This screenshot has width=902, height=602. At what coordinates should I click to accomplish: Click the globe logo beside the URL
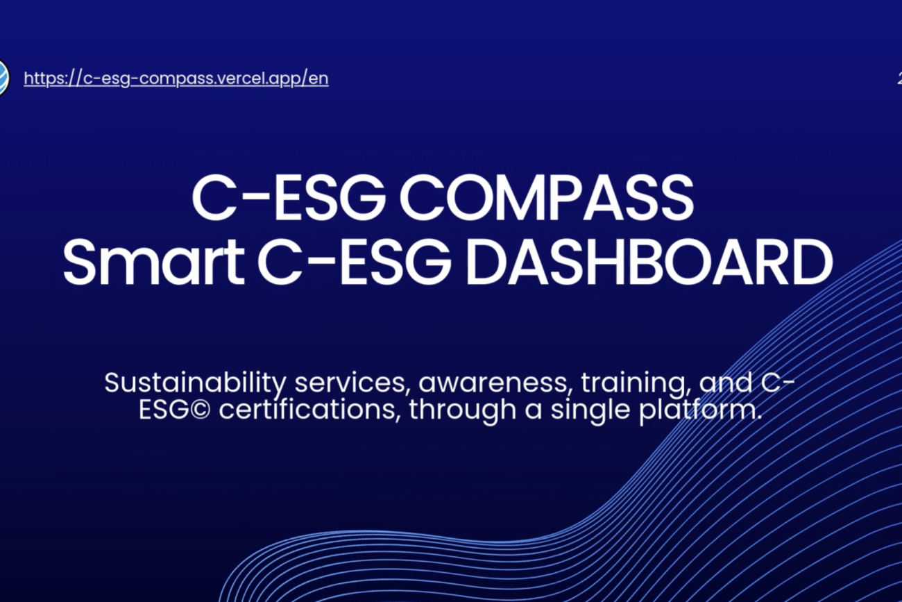pyautogui.click(x=3, y=78)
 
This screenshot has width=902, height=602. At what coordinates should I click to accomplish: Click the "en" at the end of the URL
pyautogui.click(x=318, y=78)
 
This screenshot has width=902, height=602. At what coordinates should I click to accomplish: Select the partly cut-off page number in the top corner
pyautogui.click(x=899, y=78)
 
